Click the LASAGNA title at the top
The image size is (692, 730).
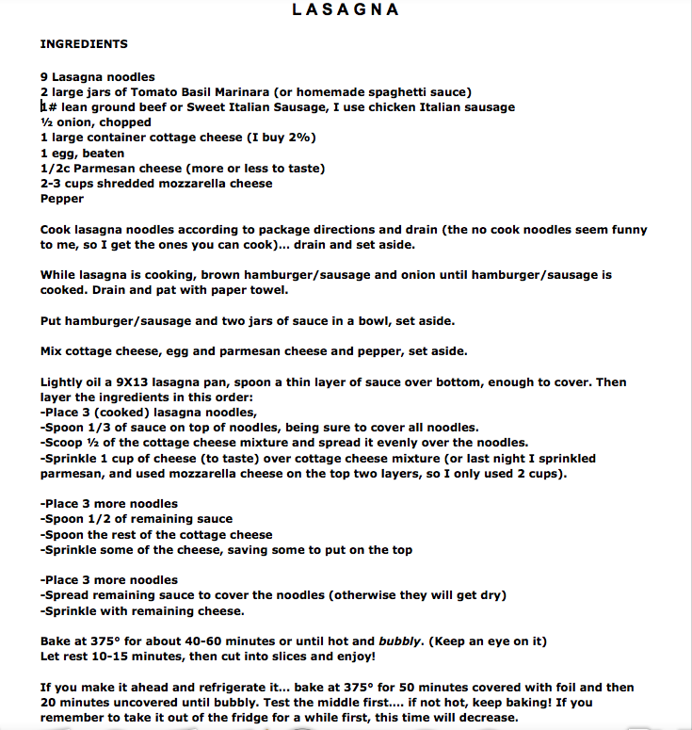pyautogui.click(x=346, y=10)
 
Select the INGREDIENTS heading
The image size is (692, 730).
pyautogui.click(x=84, y=44)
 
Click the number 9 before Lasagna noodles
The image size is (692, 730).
pyautogui.click(x=44, y=76)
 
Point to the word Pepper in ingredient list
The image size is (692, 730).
pyautogui.click(x=62, y=199)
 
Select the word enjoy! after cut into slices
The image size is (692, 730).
pyautogui.click(x=352, y=657)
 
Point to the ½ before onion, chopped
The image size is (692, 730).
pyautogui.click(x=45, y=122)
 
